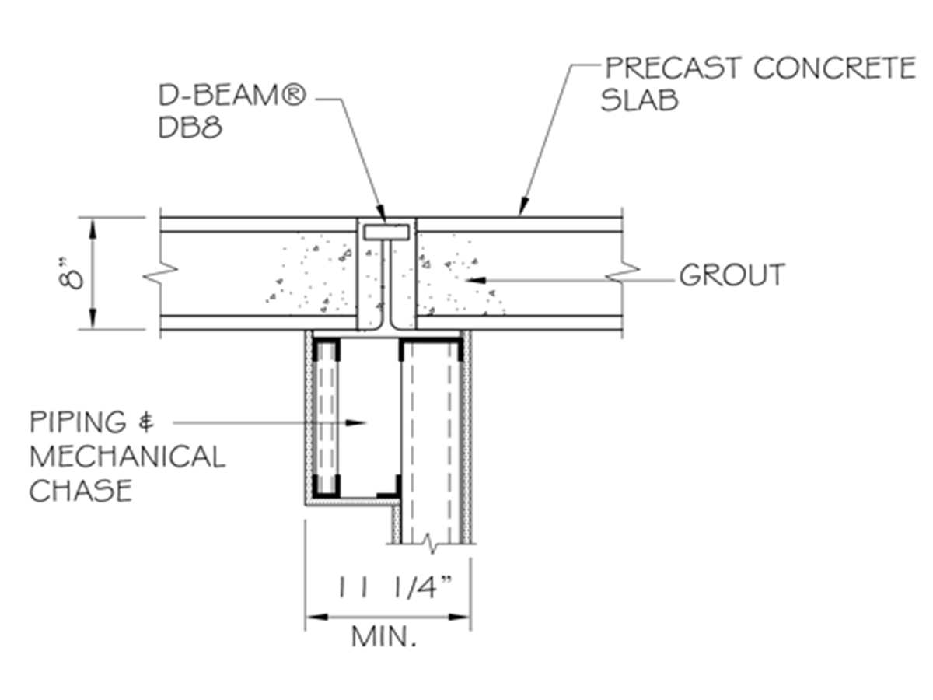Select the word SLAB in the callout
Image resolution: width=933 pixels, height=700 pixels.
point(638,101)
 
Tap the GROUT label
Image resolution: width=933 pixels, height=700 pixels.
point(732,275)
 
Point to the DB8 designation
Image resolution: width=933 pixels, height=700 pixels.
point(190,128)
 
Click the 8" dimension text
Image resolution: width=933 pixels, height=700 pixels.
point(75,274)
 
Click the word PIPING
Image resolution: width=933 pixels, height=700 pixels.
point(78,422)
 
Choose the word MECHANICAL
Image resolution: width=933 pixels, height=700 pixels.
point(127,456)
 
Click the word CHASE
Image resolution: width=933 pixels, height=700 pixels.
point(80,490)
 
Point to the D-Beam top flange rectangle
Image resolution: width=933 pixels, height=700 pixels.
point(386,232)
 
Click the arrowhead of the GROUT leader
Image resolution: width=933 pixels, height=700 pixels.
point(471,278)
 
